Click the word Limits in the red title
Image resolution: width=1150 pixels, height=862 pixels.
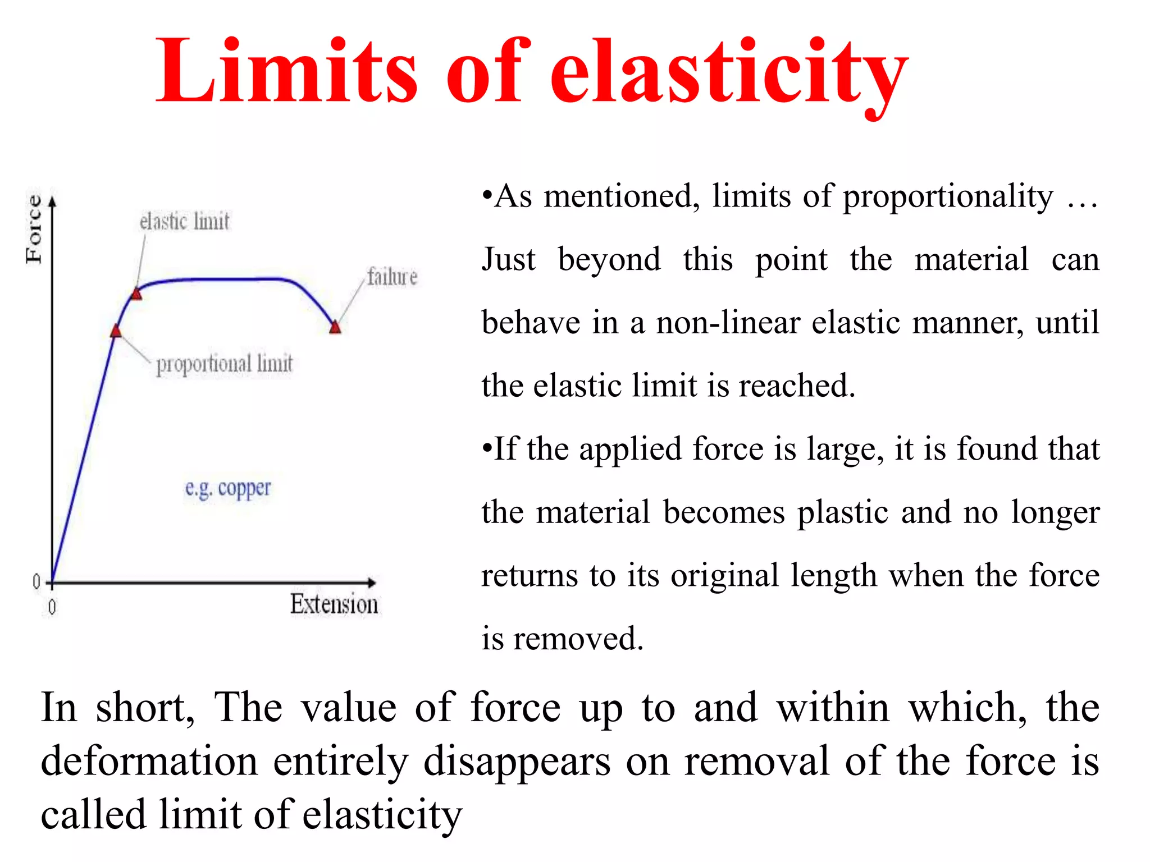pos(286,72)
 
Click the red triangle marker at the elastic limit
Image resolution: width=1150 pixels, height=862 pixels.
pos(136,294)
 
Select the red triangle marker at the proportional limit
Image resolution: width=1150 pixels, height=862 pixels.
pos(116,331)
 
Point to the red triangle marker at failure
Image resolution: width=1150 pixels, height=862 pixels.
pos(335,327)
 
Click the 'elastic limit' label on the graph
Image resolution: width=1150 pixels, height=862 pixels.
pos(184,222)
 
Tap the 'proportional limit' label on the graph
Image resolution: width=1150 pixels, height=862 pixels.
pos(224,364)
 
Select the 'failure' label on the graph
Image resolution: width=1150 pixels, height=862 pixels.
pos(392,277)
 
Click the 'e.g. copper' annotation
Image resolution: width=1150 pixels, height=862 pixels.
pos(228,488)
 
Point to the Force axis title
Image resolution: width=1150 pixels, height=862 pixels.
pos(34,230)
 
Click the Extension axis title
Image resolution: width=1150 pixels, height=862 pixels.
pos(334,604)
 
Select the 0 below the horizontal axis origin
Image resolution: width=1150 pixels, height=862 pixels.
pos(52,607)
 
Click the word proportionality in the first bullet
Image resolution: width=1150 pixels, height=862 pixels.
pos(948,197)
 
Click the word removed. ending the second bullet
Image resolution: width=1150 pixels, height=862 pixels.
pos(578,639)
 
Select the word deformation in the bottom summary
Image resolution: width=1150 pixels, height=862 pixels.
pos(149,762)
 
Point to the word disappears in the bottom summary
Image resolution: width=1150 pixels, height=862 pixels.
pos(517,762)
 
